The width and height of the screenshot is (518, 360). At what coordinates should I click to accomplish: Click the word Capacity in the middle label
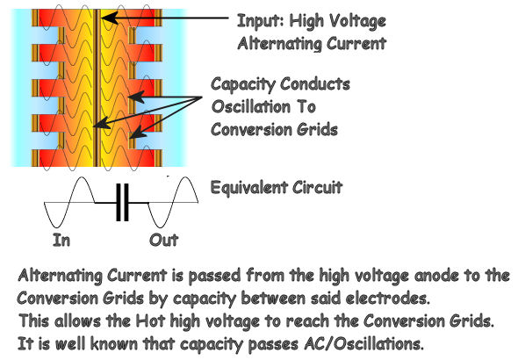pyautogui.click(x=243, y=84)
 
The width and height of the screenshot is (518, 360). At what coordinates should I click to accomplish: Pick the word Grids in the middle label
pyautogui.click(x=317, y=129)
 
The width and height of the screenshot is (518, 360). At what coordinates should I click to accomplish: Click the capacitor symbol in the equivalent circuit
pyautogui.click(x=122, y=203)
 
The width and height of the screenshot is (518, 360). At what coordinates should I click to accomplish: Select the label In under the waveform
pyautogui.click(x=61, y=240)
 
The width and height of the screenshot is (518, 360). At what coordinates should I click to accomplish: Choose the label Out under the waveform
pyautogui.click(x=164, y=240)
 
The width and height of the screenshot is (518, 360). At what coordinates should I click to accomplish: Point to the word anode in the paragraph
pyautogui.click(x=436, y=276)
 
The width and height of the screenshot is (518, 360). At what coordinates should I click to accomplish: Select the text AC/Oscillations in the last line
pyautogui.click(x=363, y=344)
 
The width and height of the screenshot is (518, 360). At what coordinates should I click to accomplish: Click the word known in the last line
pyautogui.click(x=113, y=344)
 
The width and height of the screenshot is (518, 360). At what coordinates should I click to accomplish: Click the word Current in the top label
pyautogui.click(x=356, y=44)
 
